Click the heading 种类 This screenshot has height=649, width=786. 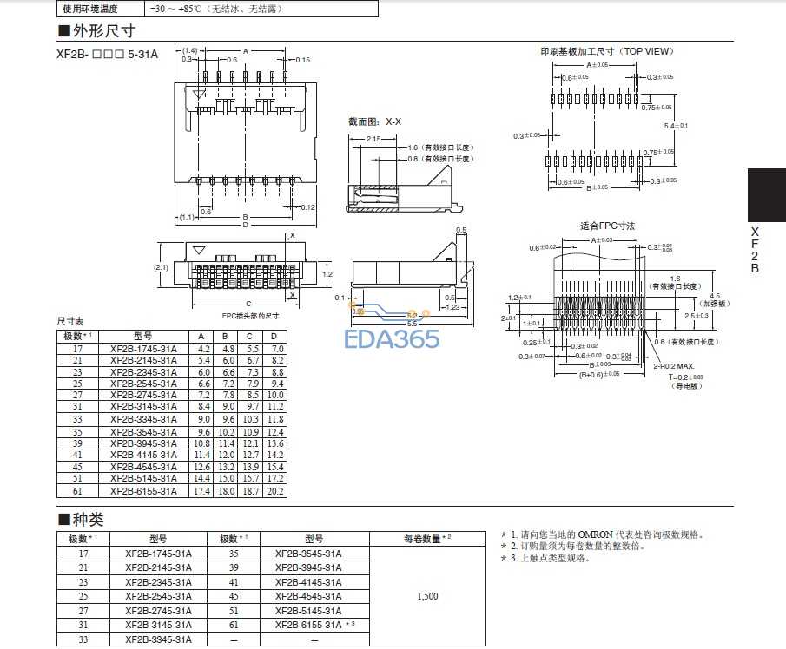click(x=86, y=520)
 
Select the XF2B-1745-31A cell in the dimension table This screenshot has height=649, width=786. click(x=143, y=348)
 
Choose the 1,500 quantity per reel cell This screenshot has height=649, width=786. click(x=426, y=596)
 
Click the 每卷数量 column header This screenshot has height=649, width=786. click(x=426, y=539)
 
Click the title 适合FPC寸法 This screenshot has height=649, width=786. click(x=607, y=226)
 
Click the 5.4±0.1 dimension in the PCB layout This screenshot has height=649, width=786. click(x=676, y=126)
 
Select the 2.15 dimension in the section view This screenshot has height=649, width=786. click(x=374, y=139)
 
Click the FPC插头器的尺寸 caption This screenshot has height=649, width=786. click(x=250, y=315)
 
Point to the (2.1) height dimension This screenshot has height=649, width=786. click(x=163, y=267)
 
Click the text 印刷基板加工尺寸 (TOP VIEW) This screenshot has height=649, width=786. click(x=606, y=51)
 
